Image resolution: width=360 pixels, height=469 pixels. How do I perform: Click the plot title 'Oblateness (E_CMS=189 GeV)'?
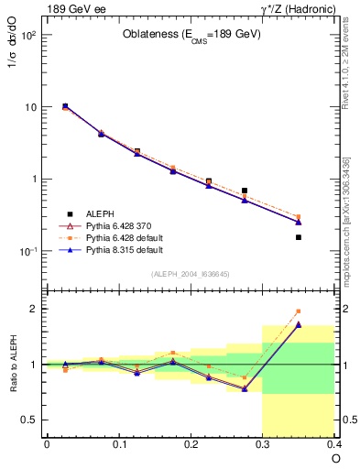click(x=192, y=35)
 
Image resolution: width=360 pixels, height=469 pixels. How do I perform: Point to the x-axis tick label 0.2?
click(x=191, y=443)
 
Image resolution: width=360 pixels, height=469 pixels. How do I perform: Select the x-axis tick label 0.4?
click(x=334, y=443)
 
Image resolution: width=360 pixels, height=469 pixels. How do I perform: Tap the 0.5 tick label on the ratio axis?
click(x=29, y=420)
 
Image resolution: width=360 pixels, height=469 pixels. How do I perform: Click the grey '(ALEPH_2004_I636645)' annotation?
click(x=191, y=274)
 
